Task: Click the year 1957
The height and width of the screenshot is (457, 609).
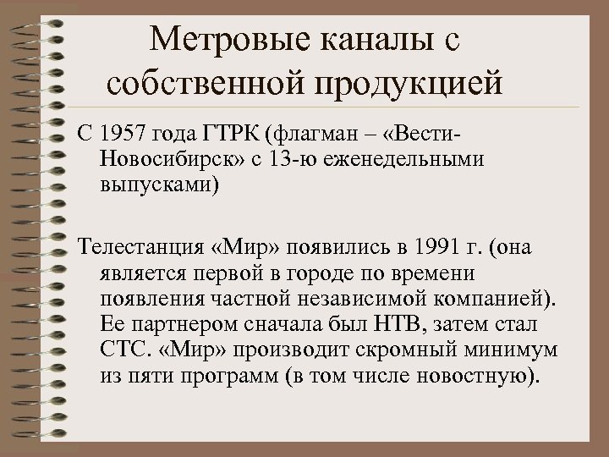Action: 122,134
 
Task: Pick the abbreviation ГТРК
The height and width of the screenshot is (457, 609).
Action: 231,134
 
